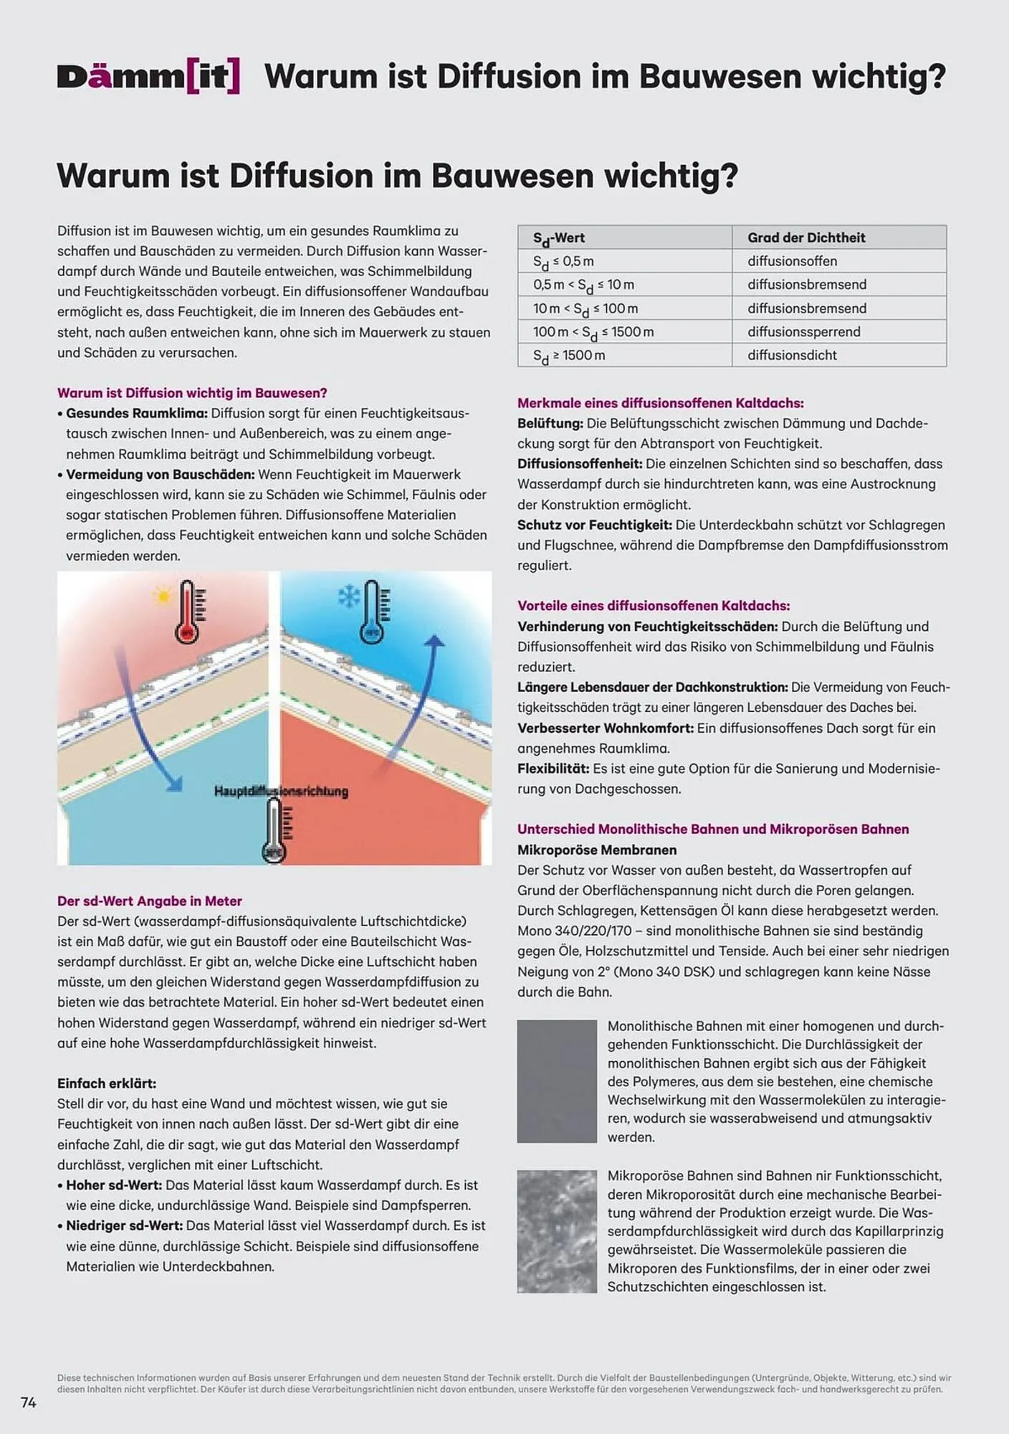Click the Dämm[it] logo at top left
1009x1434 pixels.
pos(148,77)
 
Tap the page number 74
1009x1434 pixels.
pos(29,1402)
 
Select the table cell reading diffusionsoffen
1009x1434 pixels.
pos(792,261)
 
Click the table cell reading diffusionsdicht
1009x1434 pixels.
pos(792,355)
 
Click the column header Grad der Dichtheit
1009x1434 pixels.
pos(806,237)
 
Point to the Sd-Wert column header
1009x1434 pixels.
pos(559,238)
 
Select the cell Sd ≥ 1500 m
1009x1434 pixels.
pos(569,356)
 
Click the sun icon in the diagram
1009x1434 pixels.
pos(162,596)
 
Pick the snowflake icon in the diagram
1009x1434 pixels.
pos(348,597)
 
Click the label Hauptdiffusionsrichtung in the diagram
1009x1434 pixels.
pos(281,792)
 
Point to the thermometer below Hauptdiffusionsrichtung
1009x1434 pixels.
pos(274,832)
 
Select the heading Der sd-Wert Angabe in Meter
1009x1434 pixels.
pos(149,901)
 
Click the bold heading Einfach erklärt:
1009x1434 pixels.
pos(107,1083)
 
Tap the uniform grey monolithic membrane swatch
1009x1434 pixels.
pos(557,1081)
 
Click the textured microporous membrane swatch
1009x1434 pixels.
pos(557,1231)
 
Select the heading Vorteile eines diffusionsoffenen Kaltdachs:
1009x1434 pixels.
pos(654,606)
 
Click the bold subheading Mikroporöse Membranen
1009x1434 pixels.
pos(597,850)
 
